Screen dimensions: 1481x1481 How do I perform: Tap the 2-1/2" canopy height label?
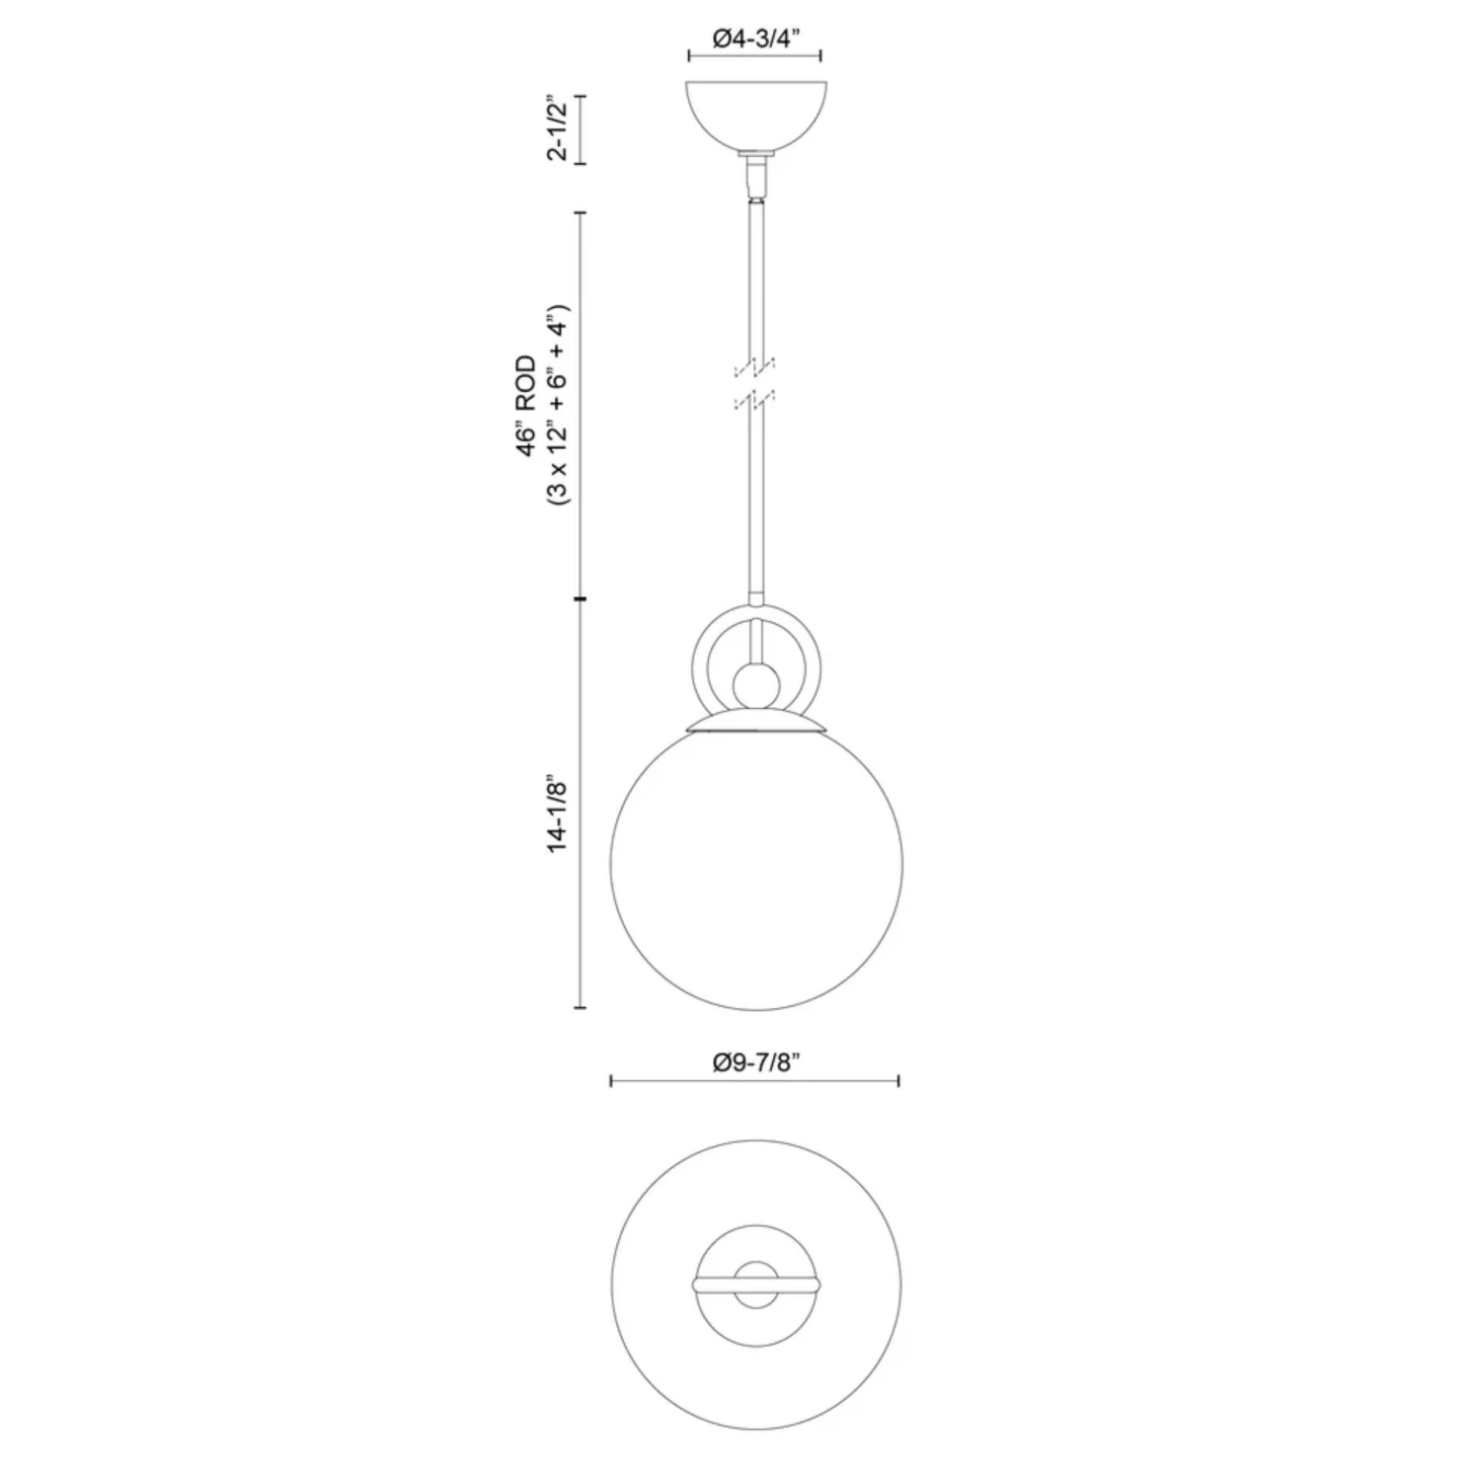(x=558, y=129)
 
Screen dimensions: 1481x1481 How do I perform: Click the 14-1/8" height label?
(x=558, y=812)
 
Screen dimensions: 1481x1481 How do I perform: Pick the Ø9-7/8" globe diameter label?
(x=754, y=1062)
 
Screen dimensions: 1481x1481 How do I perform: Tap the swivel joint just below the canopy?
(x=755, y=178)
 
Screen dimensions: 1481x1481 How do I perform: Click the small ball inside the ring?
(x=755, y=682)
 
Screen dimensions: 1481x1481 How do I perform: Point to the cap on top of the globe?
(x=755, y=724)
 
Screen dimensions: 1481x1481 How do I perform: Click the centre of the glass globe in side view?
(x=755, y=867)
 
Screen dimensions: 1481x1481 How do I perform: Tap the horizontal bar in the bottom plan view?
(x=755, y=1285)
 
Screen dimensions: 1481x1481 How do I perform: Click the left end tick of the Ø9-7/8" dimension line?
(x=612, y=1082)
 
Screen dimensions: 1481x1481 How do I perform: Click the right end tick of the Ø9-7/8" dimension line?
(x=898, y=1082)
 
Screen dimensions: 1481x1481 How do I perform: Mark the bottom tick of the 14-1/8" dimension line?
(x=581, y=1008)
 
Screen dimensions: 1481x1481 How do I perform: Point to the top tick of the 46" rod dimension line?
(x=581, y=212)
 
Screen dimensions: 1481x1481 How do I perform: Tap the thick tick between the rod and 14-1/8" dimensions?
(x=581, y=598)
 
